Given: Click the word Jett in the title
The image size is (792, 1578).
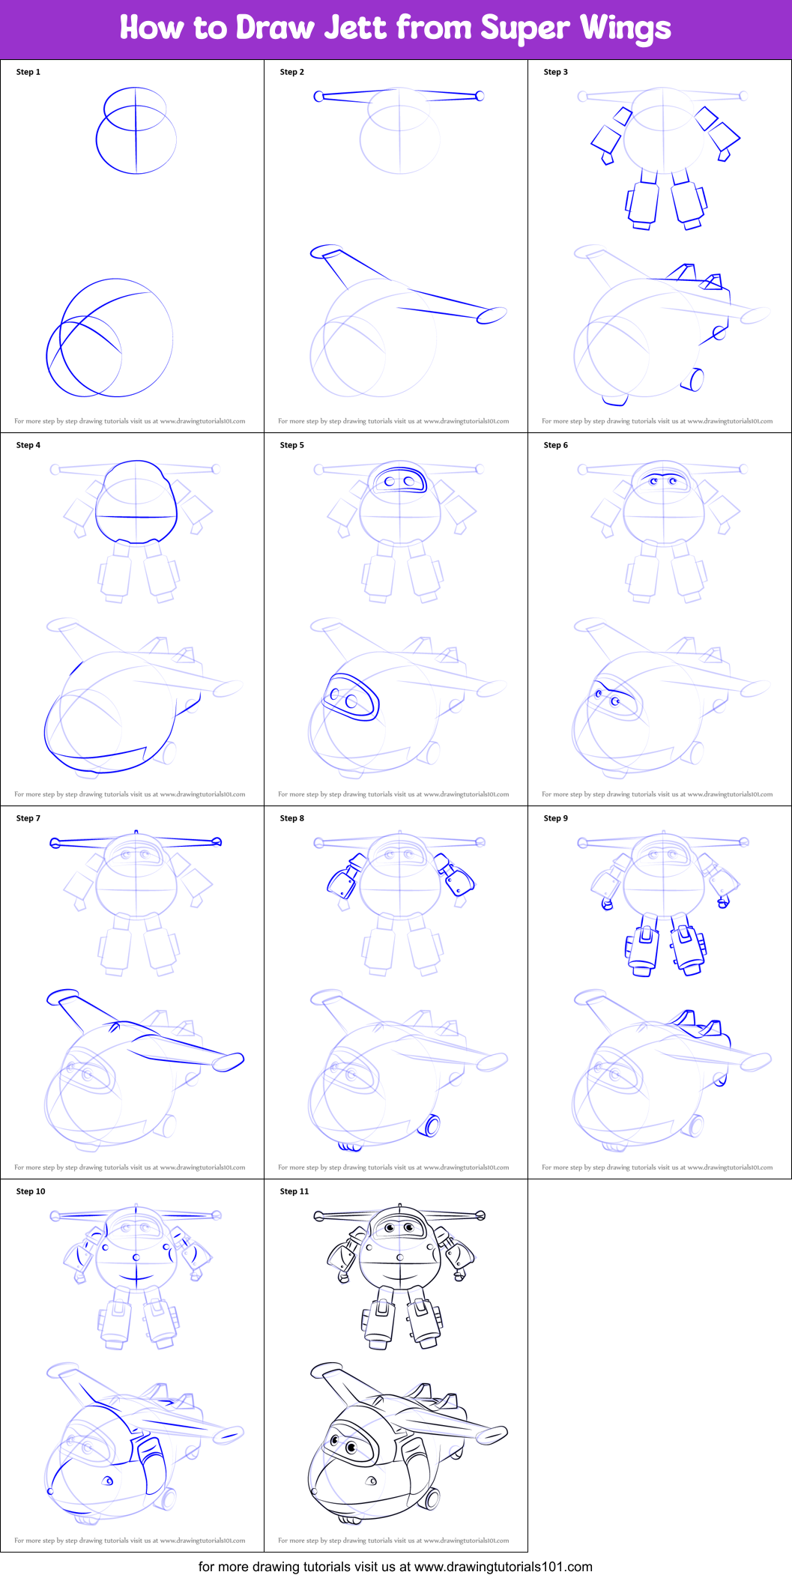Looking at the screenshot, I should [356, 28].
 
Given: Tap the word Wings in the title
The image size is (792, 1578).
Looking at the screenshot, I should [626, 28].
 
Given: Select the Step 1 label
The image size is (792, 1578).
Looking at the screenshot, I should [28, 72].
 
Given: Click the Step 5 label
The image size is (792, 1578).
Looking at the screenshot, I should [292, 445].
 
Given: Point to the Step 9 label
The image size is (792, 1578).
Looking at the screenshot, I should [556, 818].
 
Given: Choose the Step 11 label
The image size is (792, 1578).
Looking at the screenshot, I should [294, 1191].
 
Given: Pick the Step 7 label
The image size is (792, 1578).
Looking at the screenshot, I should [28, 818].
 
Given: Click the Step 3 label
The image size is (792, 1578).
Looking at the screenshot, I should [556, 72].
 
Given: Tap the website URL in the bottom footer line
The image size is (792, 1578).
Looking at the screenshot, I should [503, 1567].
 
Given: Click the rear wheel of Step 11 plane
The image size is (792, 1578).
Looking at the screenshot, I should [432, 1498].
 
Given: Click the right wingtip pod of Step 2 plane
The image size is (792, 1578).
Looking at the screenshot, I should [492, 315].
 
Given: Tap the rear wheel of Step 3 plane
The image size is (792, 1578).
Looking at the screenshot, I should [695, 380].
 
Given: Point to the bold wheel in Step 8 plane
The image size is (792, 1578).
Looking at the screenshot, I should [432, 1125].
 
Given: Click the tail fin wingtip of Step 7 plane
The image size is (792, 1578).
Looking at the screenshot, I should [63, 996].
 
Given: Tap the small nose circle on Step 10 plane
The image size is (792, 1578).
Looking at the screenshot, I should [50, 1491].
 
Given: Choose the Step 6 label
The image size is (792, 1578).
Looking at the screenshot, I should [556, 445].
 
